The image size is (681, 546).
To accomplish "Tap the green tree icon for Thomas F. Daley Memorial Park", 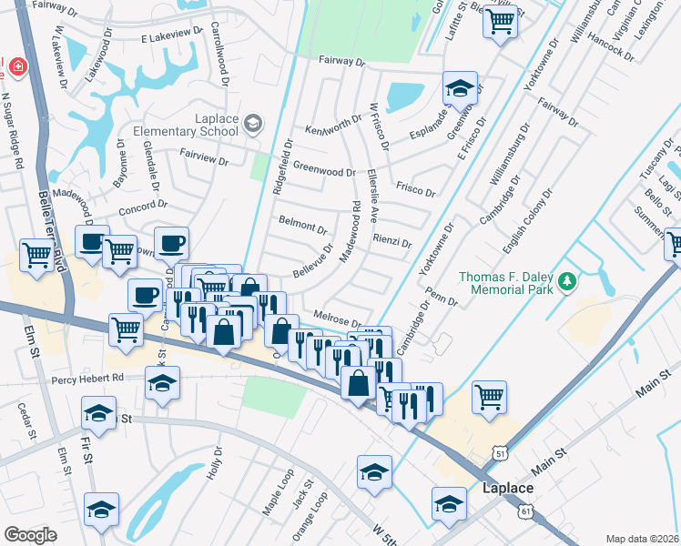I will (x=569, y=281).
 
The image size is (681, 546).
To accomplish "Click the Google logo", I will (x=31, y=535).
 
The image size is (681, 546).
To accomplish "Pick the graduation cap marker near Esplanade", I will (x=461, y=89).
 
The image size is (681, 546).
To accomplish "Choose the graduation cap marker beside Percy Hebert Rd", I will (x=162, y=384).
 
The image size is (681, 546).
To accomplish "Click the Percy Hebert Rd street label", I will (x=87, y=379).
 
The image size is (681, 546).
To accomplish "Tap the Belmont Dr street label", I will (x=302, y=224).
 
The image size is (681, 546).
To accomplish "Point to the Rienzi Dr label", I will (x=392, y=243).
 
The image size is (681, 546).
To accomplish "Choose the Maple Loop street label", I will (x=279, y=492).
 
